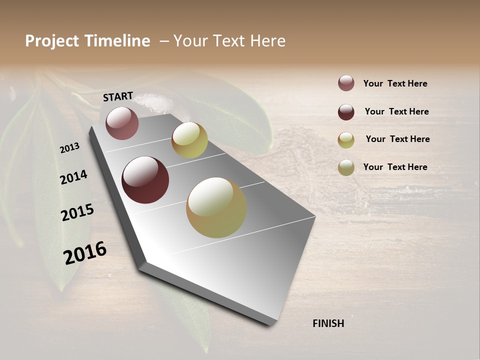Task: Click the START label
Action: pos(118,96)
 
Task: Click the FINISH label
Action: pos(328,323)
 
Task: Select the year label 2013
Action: pos(69,147)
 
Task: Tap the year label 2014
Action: pos(73,177)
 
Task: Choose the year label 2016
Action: pos(85,253)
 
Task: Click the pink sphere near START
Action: pos(122,123)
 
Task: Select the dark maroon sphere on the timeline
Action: pos(145,180)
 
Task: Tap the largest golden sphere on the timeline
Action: pos(216,207)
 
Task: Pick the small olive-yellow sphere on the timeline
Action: pos(189,140)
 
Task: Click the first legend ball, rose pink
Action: pos(346,83)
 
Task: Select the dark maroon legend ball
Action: pos(346,112)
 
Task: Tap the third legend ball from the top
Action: pos(346,140)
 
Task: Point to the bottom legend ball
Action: pos(346,167)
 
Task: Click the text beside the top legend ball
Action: pos(395,83)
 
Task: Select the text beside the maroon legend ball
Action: pos(397,111)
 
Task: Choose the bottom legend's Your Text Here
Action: pos(395,167)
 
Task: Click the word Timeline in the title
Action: pos(117,41)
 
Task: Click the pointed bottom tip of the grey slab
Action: pos(270,324)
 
